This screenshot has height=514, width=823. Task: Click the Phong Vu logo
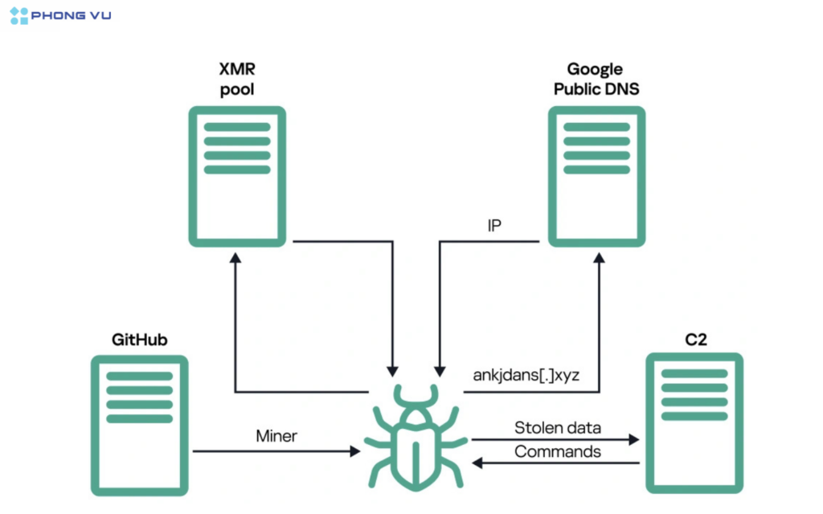61,15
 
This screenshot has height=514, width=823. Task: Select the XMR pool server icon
237,176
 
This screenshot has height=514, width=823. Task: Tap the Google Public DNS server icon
596,176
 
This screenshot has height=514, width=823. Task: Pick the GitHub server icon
139,425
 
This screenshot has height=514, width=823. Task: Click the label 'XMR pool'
237,79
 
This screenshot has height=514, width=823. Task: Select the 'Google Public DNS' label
596,79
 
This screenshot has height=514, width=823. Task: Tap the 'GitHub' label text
139,339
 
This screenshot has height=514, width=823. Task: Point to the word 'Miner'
276,435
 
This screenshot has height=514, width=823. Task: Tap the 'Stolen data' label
557,427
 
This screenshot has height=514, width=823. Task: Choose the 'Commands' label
557,451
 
